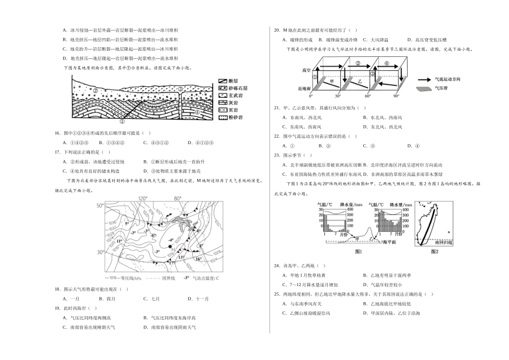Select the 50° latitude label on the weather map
[99, 205]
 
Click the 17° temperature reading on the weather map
[172, 262]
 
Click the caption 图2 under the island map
[435, 251]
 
